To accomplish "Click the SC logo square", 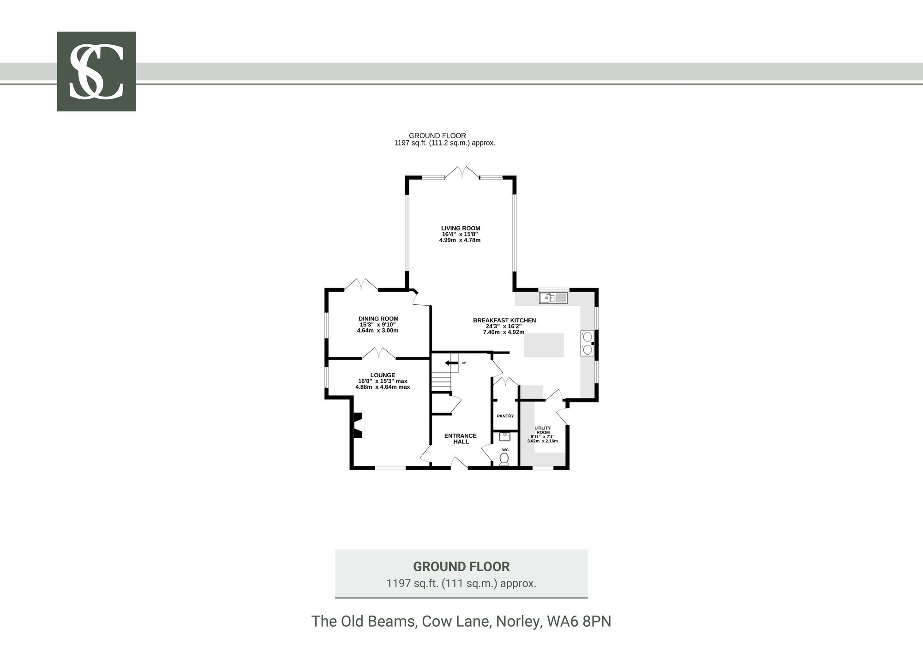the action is pyautogui.click(x=96, y=72).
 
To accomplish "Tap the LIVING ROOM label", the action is pyautogui.click(x=461, y=228).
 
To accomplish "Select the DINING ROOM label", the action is pyautogui.click(x=378, y=319).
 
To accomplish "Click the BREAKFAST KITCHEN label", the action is pyautogui.click(x=504, y=320).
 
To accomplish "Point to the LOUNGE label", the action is pyautogui.click(x=383, y=375).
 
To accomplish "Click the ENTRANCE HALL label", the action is pyautogui.click(x=461, y=439).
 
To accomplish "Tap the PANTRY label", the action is pyautogui.click(x=505, y=416).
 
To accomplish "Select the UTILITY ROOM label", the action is pyautogui.click(x=542, y=430).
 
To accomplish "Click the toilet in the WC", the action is pyautogui.click(x=504, y=459).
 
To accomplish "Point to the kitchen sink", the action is pyautogui.click(x=553, y=298).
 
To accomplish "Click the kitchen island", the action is pyautogui.click(x=544, y=345).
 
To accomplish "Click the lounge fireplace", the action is pyautogui.click(x=358, y=425).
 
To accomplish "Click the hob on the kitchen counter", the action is pyautogui.click(x=587, y=343).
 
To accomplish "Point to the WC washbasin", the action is pyautogui.click(x=505, y=437).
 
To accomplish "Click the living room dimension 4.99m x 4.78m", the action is pyautogui.click(x=460, y=240).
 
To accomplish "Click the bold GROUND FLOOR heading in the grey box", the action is pyautogui.click(x=461, y=567).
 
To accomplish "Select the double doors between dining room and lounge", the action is pyautogui.click(x=378, y=353).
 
